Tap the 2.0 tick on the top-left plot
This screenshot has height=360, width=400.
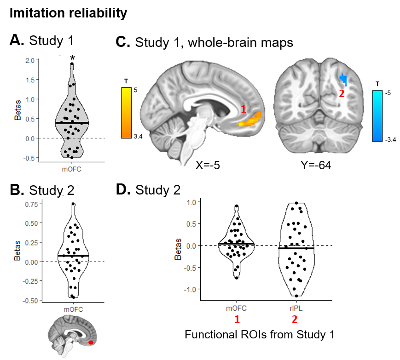pos(29,60)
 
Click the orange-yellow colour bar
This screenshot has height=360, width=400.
pos(127,113)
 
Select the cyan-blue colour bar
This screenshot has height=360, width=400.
pos(377,115)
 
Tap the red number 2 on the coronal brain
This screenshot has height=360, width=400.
pos(341,94)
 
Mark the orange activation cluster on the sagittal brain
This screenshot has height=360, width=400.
pos(249,120)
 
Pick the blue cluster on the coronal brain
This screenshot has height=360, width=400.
pos(343,80)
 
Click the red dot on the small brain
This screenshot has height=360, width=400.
pos(91,343)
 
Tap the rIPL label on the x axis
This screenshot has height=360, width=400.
pos(294,309)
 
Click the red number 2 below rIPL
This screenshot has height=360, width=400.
pos(295,319)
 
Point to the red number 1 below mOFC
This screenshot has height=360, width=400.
pos(238,319)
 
